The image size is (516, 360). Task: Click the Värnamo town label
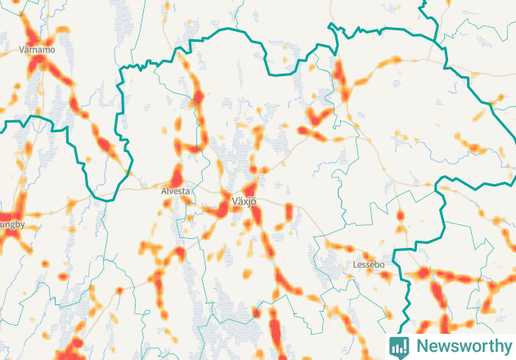tap(36, 50)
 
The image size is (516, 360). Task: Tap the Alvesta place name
tap(175, 191)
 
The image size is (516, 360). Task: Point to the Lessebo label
tap(367, 266)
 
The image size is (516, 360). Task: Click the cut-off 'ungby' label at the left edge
tap(12, 223)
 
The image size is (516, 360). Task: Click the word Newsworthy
tap(462, 346)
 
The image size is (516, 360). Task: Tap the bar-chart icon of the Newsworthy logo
tap(399, 346)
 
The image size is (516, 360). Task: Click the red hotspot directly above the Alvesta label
tap(176, 176)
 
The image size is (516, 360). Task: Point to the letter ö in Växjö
tap(254, 201)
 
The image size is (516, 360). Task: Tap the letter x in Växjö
tap(244, 201)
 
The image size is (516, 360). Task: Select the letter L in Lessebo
tap(354, 266)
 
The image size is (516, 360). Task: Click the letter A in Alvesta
tap(164, 191)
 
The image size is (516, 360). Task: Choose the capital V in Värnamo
tap(21, 50)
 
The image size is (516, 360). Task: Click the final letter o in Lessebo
tap(381, 266)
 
